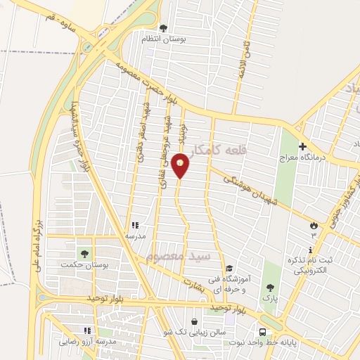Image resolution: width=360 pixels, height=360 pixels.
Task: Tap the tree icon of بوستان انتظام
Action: pos(164,29)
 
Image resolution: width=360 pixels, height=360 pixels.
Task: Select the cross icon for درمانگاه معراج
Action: pos(303,148)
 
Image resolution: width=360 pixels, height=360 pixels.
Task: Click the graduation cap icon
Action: pos(229,268)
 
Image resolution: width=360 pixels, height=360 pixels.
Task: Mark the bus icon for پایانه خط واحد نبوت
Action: pos(262,332)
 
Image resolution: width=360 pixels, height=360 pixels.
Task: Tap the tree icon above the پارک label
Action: pos(269,287)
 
